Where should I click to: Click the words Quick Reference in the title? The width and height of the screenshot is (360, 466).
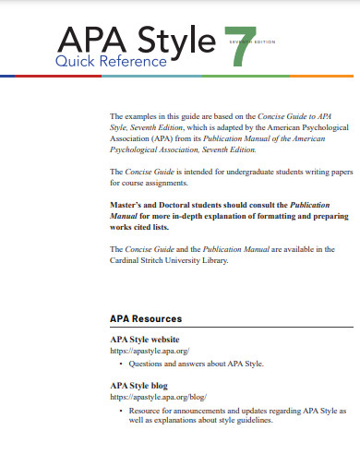tap(111, 62)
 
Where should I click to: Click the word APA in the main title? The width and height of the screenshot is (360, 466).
tap(89, 40)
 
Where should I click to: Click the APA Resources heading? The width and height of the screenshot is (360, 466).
tap(145, 318)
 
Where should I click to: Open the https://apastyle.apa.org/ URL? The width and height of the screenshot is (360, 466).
tap(150, 352)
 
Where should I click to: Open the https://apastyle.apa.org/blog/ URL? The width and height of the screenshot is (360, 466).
tap(158, 397)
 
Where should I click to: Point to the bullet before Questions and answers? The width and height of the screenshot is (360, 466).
tap(123, 364)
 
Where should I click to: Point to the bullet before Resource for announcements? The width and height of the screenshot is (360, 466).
tap(123, 409)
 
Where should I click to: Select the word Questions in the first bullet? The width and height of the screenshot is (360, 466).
tap(146, 364)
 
